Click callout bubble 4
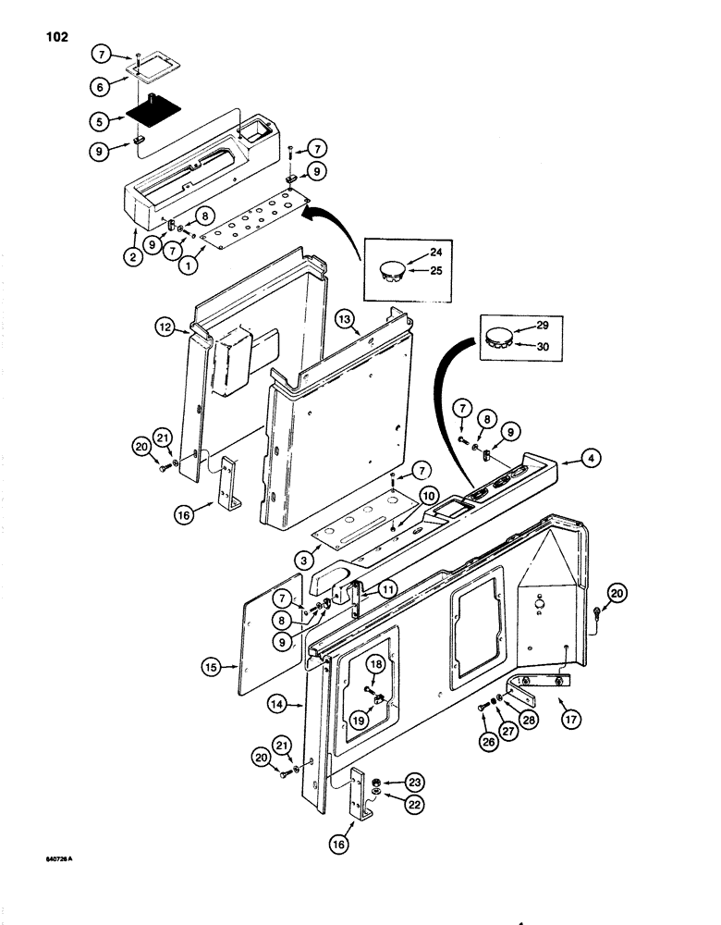pos(573,457)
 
